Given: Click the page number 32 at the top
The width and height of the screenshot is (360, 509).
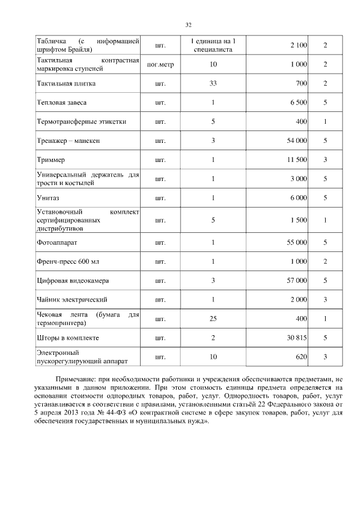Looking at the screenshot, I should click(x=189, y=25).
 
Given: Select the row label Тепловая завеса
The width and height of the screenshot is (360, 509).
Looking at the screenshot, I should click(x=62, y=102).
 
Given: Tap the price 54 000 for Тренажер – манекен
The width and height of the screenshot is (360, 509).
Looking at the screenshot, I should click(x=296, y=141).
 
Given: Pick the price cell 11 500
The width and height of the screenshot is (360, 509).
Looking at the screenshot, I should click(x=296, y=160).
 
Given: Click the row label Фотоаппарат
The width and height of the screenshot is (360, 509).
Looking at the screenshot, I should click(x=57, y=242).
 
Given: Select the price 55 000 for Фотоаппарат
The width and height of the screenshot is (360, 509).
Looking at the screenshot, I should click(x=296, y=242).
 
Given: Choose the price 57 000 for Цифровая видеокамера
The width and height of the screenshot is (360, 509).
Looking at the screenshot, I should click(x=296, y=280).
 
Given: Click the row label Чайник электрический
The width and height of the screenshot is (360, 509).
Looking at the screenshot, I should click(x=71, y=299).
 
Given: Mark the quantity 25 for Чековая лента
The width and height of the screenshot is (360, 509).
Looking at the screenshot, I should click(x=213, y=319).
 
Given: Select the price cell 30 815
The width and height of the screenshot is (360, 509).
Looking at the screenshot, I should click(x=296, y=338).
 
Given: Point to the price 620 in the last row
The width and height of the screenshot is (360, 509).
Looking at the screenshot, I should click(x=300, y=357).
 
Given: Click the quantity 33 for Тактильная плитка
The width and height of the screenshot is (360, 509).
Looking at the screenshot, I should click(x=213, y=84).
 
